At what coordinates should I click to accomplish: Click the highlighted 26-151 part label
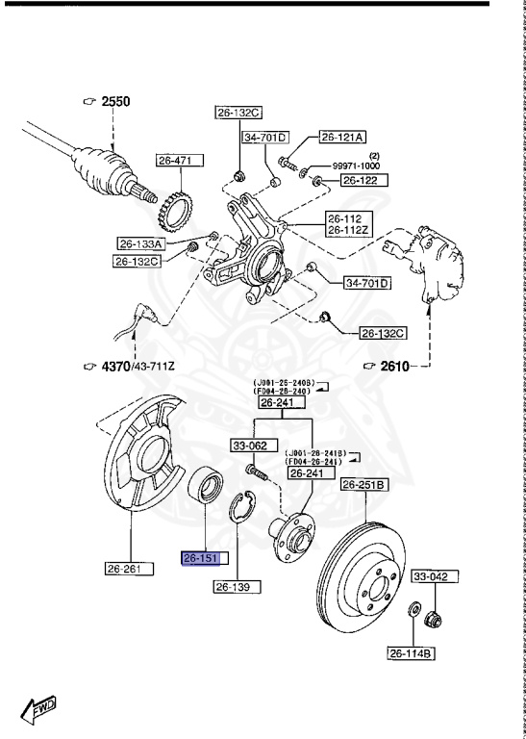coord(201,558)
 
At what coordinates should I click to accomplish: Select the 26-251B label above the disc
coord(364,485)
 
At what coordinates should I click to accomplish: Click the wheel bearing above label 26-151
coord(204,484)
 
